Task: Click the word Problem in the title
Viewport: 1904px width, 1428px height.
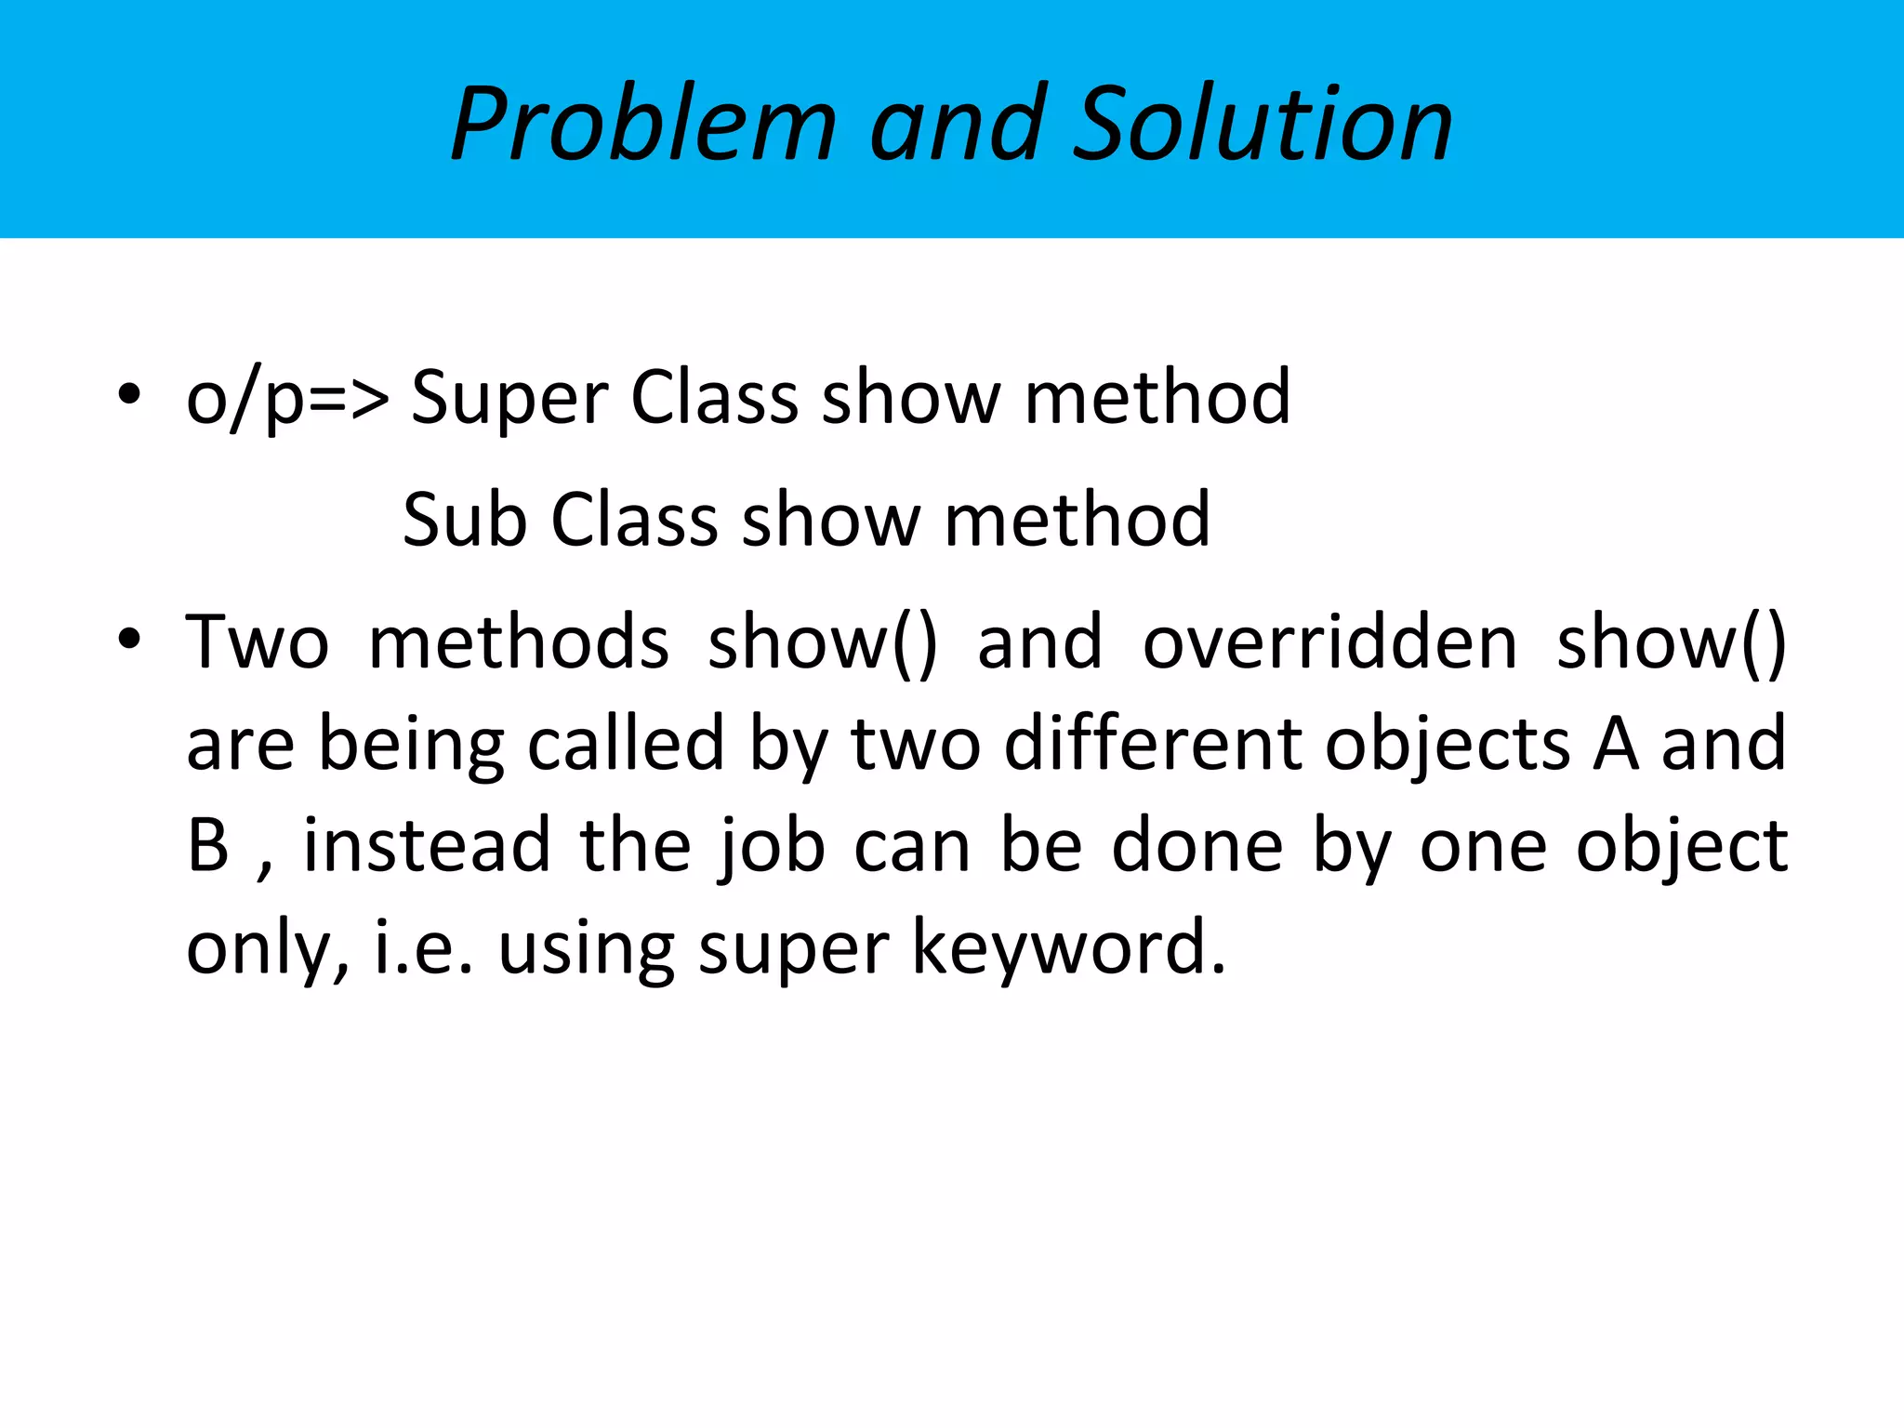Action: tap(643, 124)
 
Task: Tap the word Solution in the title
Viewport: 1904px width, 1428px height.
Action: tap(1263, 124)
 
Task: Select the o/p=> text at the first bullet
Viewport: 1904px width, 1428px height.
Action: tap(287, 399)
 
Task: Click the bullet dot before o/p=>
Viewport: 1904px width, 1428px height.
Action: tap(129, 393)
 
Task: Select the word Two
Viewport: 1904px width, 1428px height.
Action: tap(258, 642)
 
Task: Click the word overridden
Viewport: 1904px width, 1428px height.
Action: tap(1329, 642)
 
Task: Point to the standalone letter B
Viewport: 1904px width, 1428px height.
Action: tap(208, 845)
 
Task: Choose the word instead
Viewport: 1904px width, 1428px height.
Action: tap(427, 845)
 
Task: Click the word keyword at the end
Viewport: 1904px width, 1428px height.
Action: tap(1069, 948)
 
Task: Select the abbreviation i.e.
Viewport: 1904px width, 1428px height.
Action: tap(424, 948)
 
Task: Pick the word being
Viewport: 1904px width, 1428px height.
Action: tap(411, 746)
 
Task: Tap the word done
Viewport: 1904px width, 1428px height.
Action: tap(1197, 845)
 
